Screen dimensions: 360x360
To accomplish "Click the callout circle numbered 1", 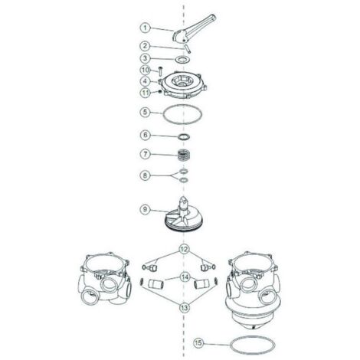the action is [x=146, y=28].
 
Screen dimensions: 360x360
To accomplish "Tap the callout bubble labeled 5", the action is [x=146, y=112].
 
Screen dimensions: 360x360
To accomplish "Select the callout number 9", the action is [x=145, y=210].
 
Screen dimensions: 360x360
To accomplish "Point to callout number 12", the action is [x=184, y=249].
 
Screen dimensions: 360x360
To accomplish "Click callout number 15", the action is [x=198, y=343].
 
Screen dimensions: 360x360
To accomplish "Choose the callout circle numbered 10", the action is [x=146, y=70].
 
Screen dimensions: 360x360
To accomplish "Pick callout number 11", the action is [x=146, y=92].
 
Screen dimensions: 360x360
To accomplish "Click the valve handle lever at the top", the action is [x=194, y=29].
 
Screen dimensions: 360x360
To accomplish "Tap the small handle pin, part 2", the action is [x=188, y=49].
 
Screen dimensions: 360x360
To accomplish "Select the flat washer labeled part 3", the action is [x=183, y=60].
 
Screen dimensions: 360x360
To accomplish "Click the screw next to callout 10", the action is [x=160, y=71].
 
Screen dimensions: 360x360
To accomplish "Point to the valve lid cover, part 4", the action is [x=182, y=85].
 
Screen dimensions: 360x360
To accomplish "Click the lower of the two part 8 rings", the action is [x=183, y=180].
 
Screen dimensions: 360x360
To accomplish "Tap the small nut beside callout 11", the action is [x=160, y=91].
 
